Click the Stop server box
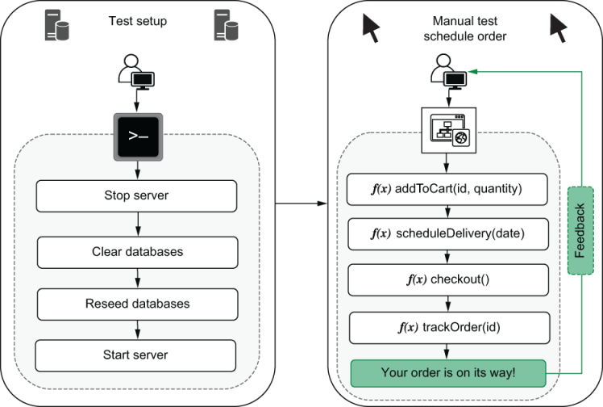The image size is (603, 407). tap(136, 195)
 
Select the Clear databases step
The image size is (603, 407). tap(136, 251)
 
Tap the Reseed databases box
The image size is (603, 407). tap(136, 304)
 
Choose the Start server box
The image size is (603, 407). tap(136, 355)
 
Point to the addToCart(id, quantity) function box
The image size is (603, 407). tap(448, 189)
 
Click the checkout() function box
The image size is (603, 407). tap(448, 281)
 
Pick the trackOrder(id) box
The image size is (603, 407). tap(448, 327)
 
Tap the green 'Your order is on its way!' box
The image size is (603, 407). tap(448, 373)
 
